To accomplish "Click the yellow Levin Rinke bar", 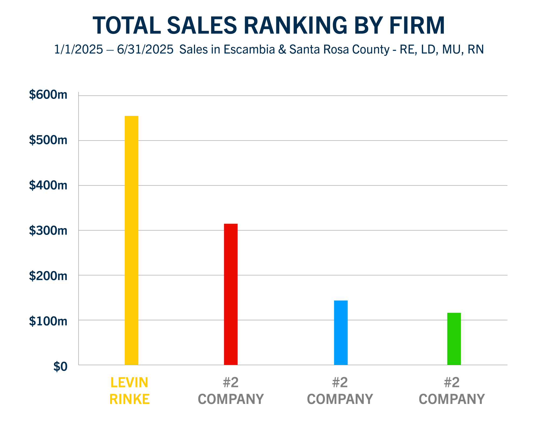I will tap(132, 240).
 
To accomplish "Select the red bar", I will tap(231, 294).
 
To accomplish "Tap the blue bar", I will tap(341, 332).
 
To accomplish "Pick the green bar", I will tap(454, 339).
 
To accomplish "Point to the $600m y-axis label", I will tap(48, 95).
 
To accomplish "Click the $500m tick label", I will tap(48, 140).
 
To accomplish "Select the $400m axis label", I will tap(48, 185).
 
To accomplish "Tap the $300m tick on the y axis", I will tap(48, 230).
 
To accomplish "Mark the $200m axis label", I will tap(48, 276).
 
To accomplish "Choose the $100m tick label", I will tap(48, 321).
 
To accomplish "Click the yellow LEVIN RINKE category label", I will tap(129, 391).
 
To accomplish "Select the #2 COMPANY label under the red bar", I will tap(231, 391).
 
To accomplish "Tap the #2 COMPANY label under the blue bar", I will tap(340, 391).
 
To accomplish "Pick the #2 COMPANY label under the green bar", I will tap(452, 391).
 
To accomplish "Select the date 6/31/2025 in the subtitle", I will tap(145, 49).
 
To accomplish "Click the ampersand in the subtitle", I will tap(282, 49).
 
